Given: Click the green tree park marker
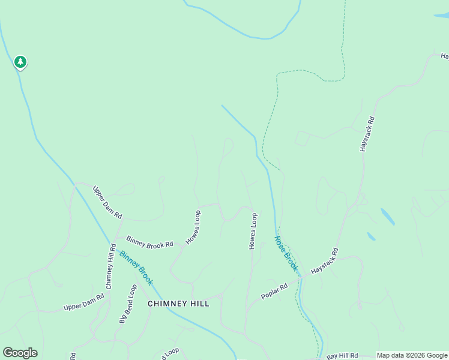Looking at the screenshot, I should (20, 62).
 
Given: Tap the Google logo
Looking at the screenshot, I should (20, 353).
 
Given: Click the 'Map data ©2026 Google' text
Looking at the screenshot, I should (412, 355).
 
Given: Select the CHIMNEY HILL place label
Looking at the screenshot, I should (178, 304).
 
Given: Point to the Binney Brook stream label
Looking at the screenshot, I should (136, 267).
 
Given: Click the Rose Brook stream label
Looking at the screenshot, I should (286, 253).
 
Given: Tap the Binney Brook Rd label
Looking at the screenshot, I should (149, 241).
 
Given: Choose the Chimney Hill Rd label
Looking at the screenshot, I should (109, 271).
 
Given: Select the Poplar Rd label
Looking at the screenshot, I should (275, 292).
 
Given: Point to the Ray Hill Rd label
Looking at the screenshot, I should (342, 355).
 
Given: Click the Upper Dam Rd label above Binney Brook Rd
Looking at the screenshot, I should (107, 202).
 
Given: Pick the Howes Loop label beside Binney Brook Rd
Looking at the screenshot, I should (192, 227).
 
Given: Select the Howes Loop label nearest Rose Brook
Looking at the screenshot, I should (253, 231).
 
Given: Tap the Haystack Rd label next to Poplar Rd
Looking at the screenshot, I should (325, 262).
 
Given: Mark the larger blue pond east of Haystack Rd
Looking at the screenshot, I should (388, 217).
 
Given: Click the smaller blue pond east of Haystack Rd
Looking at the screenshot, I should (371, 236).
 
